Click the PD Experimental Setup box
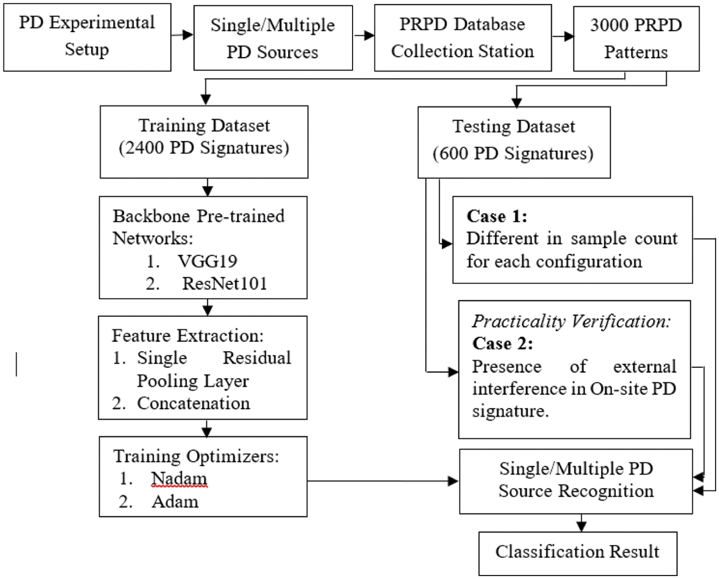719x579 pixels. [87, 37]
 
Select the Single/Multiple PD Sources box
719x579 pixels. [273, 38]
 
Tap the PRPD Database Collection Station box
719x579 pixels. [462, 38]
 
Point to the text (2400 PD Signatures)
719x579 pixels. [204, 148]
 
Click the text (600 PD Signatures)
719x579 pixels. [513, 153]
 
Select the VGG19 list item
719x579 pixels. [207, 261]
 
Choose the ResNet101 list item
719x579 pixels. [224, 284]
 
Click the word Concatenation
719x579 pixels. [193, 403]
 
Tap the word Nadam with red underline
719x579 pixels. [179, 479]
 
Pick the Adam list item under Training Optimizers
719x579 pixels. [175, 502]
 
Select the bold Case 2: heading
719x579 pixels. [502, 344]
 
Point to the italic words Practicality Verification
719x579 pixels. [571, 321]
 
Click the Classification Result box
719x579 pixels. [578, 553]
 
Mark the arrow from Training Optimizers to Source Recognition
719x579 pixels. [383, 481]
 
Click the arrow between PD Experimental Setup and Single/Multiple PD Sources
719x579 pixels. [182, 35]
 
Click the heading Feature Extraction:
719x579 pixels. [188, 336]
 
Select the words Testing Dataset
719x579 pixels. [513, 127]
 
